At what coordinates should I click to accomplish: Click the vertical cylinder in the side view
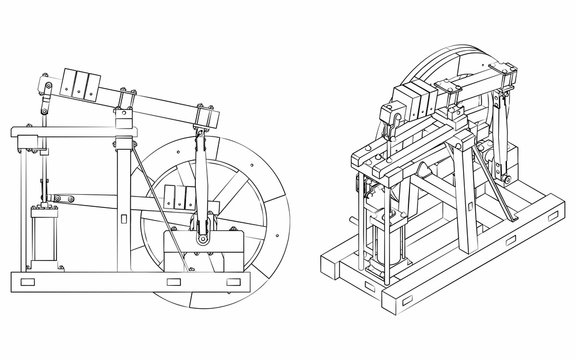click(x=44, y=241)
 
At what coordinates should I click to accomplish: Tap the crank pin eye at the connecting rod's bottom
click(x=203, y=238)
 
